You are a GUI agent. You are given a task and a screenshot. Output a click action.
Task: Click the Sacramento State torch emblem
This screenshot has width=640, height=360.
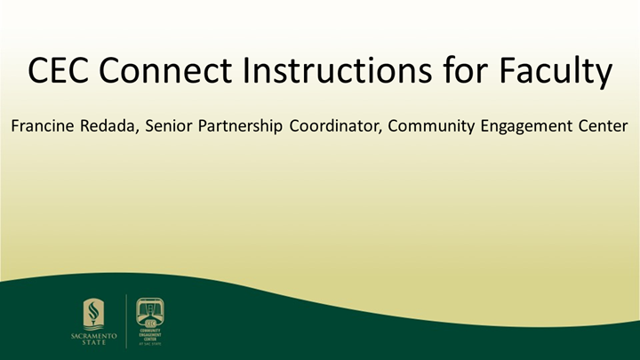coord(92,314)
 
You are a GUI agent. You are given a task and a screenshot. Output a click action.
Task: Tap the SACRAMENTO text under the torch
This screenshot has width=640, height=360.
coord(92,337)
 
